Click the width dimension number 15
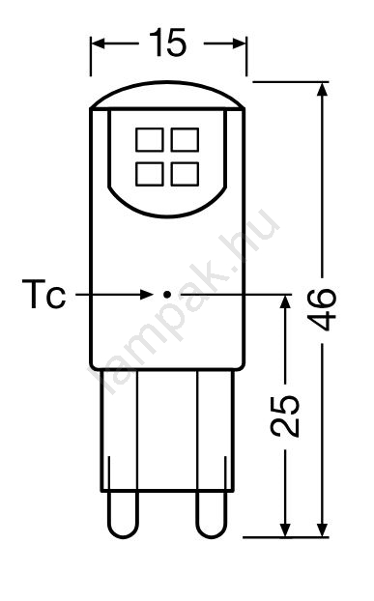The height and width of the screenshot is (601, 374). click(x=168, y=43)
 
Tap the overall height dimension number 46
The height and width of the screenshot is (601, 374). click(x=323, y=309)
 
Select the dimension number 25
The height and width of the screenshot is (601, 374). click(x=285, y=415)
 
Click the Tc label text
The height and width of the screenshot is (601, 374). click(x=43, y=294)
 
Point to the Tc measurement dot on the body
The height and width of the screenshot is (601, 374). click(x=166, y=295)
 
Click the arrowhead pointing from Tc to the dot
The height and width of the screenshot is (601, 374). click(x=146, y=295)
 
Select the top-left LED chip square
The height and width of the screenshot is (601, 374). click(x=150, y=139)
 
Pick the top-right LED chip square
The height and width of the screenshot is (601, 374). click(x=185, y=139)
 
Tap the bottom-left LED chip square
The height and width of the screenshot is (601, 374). click(x=150, y=174)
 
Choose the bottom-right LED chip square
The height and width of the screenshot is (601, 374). click(x=185, y=174)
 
